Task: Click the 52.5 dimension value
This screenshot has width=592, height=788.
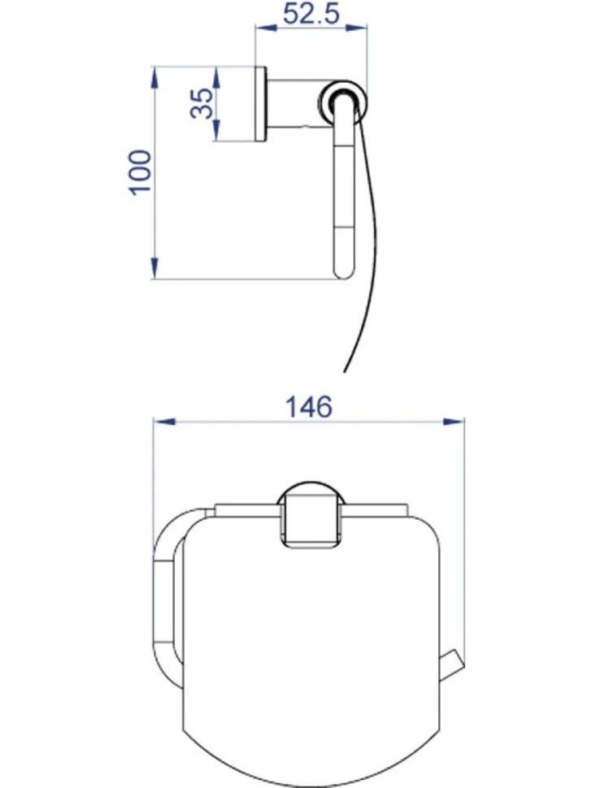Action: [311, 14]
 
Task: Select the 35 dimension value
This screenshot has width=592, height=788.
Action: [202, 103]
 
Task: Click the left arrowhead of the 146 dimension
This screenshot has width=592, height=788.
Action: [164, 422]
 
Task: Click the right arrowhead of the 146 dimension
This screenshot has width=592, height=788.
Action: [452, 422]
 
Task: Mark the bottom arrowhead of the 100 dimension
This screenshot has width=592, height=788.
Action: [155, 267]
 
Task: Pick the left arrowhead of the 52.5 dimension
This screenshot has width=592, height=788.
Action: [268, 29]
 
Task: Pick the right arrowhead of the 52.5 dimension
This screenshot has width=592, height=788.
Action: [356, 29]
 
